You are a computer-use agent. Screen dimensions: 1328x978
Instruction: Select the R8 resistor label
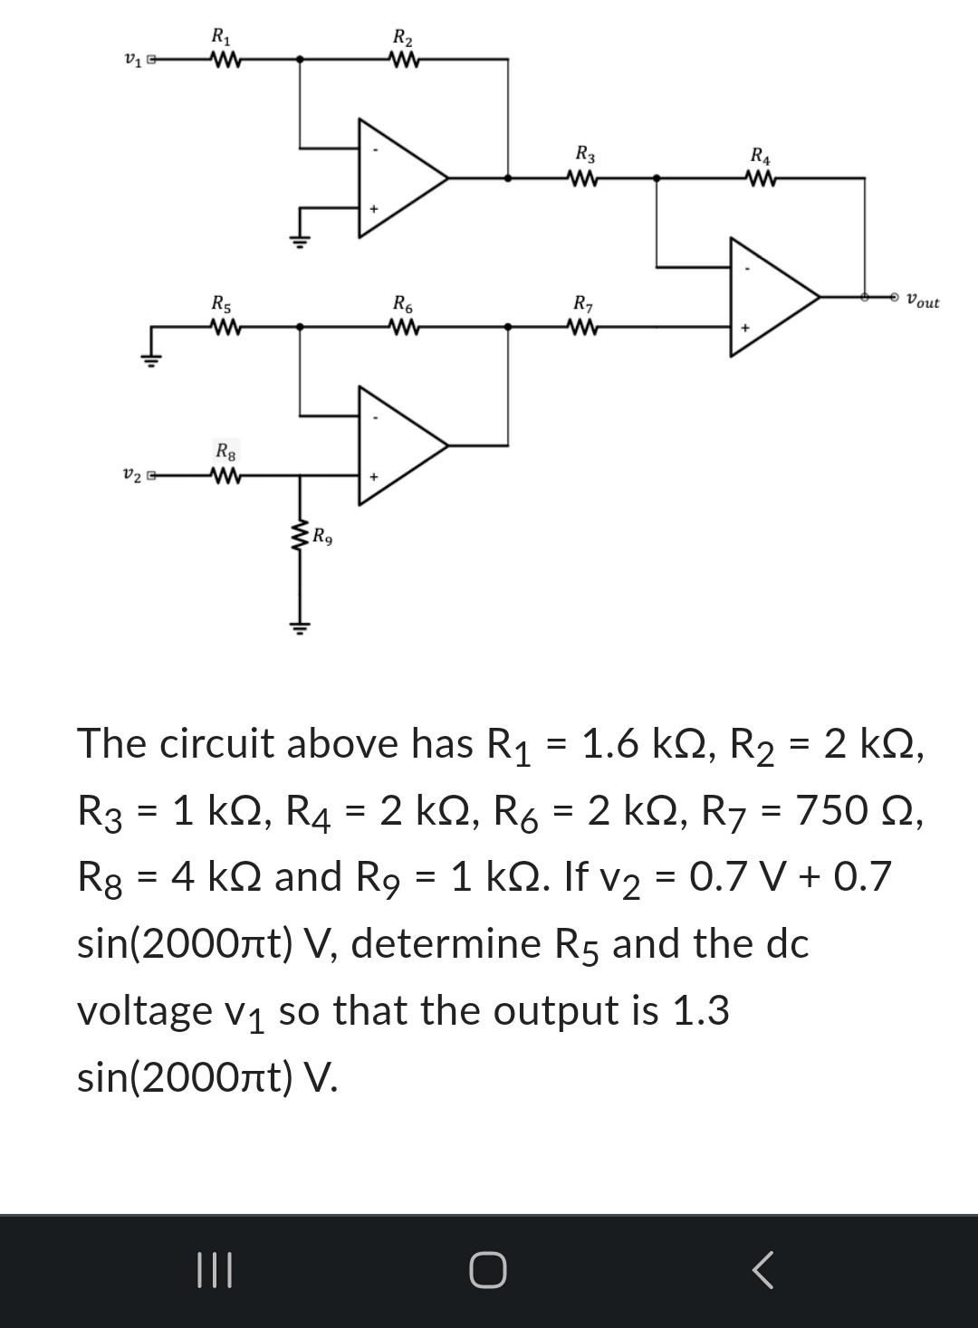225,450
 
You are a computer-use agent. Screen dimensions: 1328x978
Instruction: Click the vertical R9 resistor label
322,538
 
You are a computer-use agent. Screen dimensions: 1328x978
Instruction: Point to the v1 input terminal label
133,61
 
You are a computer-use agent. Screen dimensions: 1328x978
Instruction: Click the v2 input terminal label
132,474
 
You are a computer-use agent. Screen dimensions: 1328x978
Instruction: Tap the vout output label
923,301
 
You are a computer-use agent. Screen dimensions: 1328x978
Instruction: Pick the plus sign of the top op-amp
372,210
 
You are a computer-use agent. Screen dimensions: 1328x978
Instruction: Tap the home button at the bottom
488,1270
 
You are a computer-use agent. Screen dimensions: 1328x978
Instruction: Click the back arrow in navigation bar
762,1270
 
